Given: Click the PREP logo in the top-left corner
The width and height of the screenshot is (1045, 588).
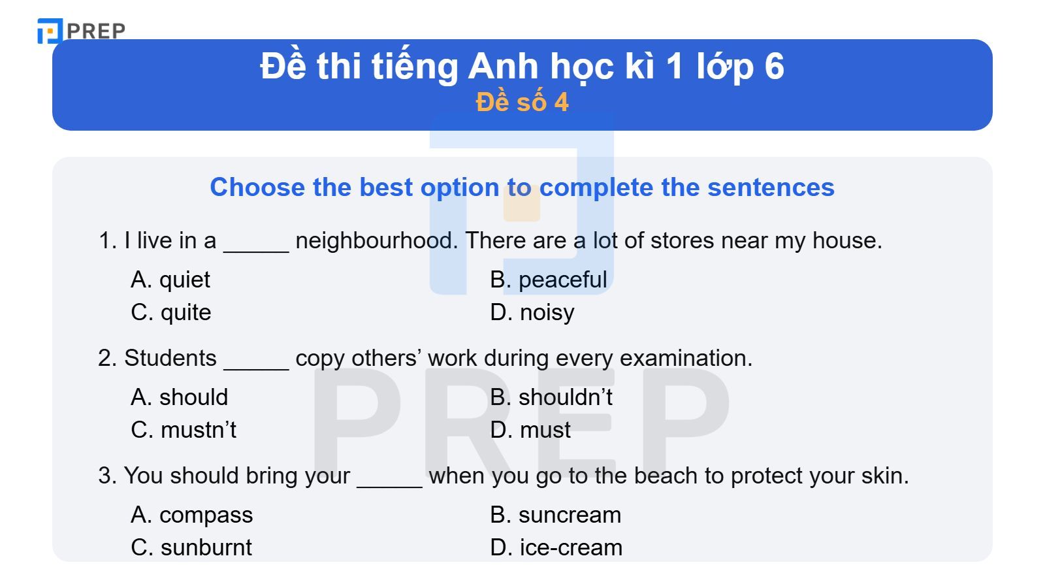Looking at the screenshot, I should [x=81, y=30].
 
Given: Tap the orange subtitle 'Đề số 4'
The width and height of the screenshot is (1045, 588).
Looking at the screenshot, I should [x=522, y=103].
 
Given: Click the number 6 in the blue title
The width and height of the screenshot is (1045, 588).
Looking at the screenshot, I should [x=773, y=67].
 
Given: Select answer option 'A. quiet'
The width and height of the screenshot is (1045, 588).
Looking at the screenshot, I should [x=170, y=280].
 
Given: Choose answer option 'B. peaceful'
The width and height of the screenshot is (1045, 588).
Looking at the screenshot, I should [x=549, y=280].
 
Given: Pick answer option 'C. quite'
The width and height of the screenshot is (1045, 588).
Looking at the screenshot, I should [x=171, y=312].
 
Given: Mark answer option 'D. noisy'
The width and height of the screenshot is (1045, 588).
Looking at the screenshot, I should [x=532, y=312].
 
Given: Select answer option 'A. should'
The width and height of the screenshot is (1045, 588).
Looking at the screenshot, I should [x=180, y=397].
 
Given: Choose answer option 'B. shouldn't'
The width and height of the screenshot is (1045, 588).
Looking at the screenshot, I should [x=551, y=397].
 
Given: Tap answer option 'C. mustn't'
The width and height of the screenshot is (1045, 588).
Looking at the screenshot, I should [x=184, y=430].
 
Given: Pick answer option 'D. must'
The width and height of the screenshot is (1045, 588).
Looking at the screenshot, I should [x=530, y=430].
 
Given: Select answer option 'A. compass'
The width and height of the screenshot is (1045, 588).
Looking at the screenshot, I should [x=192, y=515].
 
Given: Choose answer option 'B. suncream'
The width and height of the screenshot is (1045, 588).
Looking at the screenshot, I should [x=555, y=515].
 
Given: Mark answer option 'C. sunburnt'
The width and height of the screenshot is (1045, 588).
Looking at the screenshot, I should [x=191, y=547].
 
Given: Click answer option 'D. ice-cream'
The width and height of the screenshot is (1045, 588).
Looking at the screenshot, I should [x=556, y=547].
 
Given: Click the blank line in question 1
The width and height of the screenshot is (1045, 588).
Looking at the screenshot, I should [x=256, y=248].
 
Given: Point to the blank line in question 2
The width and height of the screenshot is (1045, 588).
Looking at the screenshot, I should [x=256, y=366].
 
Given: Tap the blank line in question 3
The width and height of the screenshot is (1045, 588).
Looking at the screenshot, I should [x=389, y=483].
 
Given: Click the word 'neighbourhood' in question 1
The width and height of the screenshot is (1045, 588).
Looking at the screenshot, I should [x=377, y=240].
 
